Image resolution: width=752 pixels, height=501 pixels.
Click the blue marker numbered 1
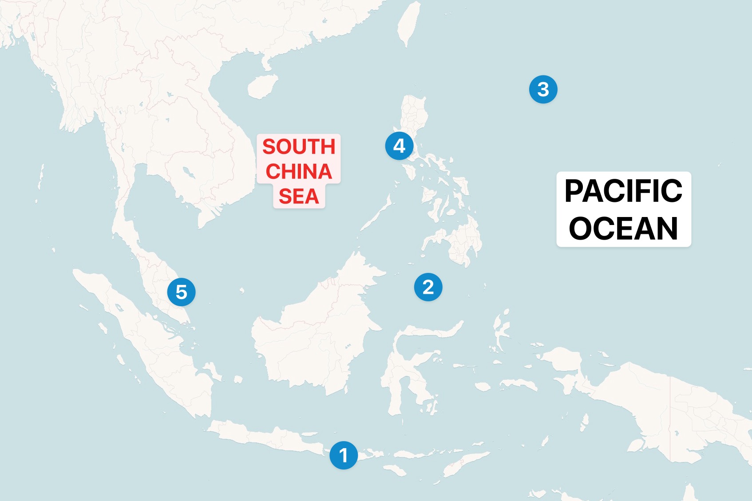(344, 455)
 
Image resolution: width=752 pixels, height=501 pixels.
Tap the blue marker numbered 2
(428, 287)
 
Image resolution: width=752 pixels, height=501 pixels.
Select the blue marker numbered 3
(543, 89)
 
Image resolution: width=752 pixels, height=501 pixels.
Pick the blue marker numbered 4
(399, 146)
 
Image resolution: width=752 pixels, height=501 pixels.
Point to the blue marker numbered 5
(181, 292)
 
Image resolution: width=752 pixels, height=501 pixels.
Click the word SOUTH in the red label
(299, 147)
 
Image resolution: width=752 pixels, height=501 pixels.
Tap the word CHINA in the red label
(299, 172)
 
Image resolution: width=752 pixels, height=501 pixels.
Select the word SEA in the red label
(299, 196)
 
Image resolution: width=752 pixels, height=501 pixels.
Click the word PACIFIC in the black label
(623, 191)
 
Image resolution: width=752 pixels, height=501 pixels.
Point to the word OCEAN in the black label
(623, 229)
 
